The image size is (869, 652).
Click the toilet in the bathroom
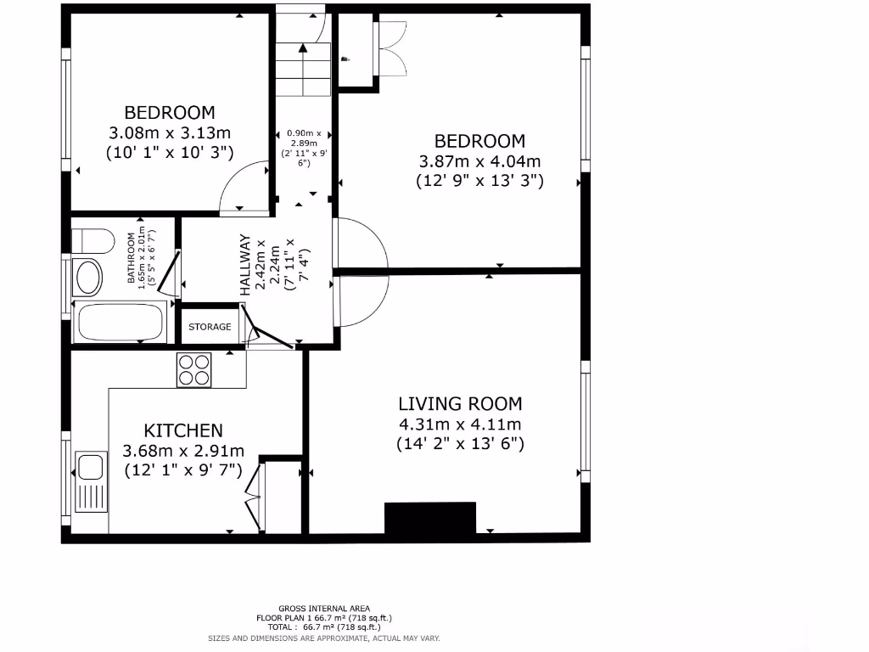click(93, 240)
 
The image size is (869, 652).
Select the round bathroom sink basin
click(87, 277)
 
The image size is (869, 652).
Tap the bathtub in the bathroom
click(120, 322)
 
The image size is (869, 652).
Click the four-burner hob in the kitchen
click(193, 370)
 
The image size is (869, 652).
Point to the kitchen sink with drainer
click(90, 481)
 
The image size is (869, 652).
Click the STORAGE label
click(210, 327)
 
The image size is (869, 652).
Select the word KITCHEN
click(183, 430)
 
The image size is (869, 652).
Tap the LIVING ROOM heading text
click(460, 404)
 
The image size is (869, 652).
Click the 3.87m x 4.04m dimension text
click(479, 161)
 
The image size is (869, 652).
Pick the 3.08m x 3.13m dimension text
click(170, 132)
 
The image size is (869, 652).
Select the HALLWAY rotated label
click(246, 264)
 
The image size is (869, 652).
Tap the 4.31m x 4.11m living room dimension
click(460, 424)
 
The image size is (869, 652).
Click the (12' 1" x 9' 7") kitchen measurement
click(183, 469)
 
